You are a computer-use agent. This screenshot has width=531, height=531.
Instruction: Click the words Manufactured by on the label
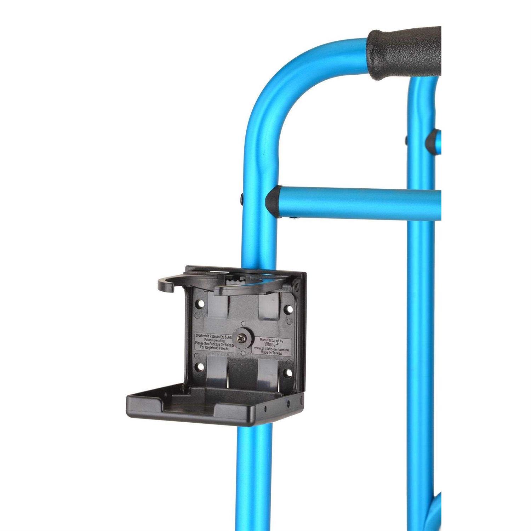[x=271, y=339]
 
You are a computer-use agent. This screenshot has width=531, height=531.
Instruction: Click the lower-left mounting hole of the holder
[x=201, y=366]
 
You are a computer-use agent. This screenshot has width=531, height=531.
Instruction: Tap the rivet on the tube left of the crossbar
[x=242, y=197]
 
